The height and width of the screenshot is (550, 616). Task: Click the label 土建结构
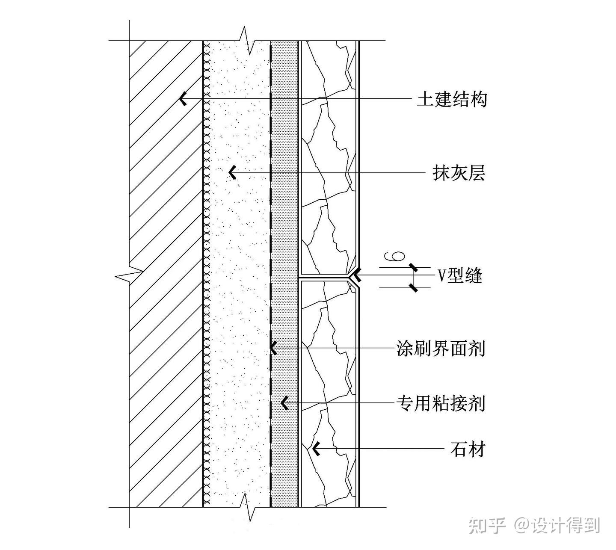point(453,100)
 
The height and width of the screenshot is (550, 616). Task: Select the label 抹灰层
point(459,173)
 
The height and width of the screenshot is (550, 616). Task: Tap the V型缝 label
point(460,276)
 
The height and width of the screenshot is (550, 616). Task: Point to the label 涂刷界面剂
point(441,349)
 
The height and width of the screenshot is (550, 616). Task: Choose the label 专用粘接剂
point(441,403)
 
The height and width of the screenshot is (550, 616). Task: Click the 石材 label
point(468,449)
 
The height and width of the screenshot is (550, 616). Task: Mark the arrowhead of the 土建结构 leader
point(183,99)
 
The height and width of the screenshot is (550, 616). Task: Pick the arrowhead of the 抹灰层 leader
point(232,173)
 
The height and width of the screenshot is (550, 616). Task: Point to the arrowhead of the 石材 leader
point(316,449)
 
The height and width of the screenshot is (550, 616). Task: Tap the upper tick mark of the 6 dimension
point(413,268)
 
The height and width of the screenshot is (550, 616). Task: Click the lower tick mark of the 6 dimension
point(413,287)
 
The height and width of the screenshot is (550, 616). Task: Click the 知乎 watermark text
point(487,525)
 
